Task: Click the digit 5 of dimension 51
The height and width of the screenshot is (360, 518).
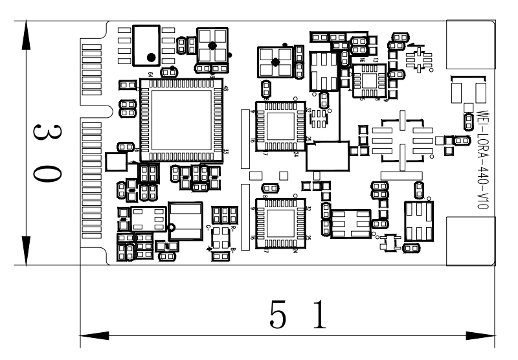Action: click(x=278, y=317)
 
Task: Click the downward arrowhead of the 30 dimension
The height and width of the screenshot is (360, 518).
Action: click(x=25, y=249)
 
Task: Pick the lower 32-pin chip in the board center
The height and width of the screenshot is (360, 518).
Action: click(x=280, y=224)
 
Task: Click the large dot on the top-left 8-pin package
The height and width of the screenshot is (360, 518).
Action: click(x=150, y=56)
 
